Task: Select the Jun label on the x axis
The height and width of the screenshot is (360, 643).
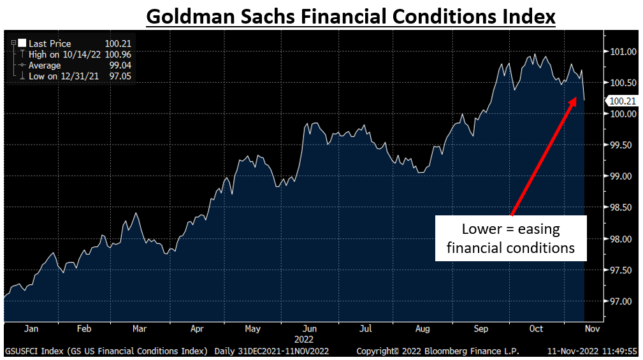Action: tap(309, 329)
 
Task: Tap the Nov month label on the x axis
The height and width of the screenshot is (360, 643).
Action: tap(592, 329)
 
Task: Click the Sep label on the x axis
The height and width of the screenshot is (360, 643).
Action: tap(481, 329)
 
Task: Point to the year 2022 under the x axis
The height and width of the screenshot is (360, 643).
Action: tap(309, 340)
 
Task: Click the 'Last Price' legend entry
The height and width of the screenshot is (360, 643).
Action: tap(50, 44)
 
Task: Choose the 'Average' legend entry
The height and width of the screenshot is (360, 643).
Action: tap(45, 66)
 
